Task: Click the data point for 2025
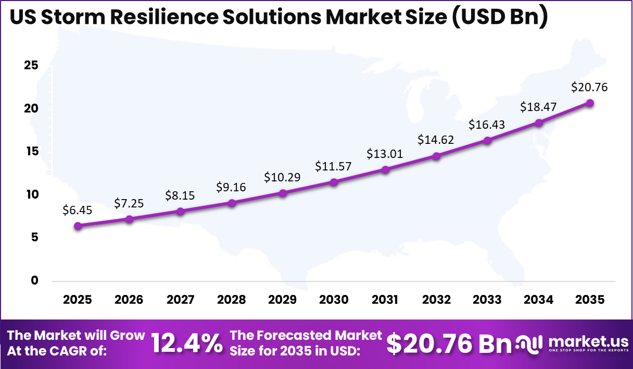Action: pyautogui.click(x=78, y=226)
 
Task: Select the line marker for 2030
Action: pyautogui.click(x=334, y=182)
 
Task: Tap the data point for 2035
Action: pyautogui.click(x=590, y=103)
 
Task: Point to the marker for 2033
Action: pyautogui.click(x=487, y=140)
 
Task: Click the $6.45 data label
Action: pyautogui.click(x=78, y=210)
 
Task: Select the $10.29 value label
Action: pyautogui.click(x=283, y=177)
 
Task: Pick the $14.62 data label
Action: pyautogui.click(x=436, y=140)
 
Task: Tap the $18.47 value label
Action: pyautogui.click(x=539, y=107)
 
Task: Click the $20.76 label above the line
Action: pyautogui.click(x=590, y=87)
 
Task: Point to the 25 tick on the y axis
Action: pyautogui.click(x=31, y=66)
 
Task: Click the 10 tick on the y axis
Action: pyautogui.click(x=31, y=194)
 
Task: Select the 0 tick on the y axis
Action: pyautogui.click(x=35, y=280)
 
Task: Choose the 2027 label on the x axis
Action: pyautogui.click(x=180, y=300)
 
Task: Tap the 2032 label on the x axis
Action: pyautogui.click(x=436, y=300)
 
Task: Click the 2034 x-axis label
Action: pyautogui.click(x=539, y=300)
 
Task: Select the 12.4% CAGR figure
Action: pyautogui.click(x=186, y=343)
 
